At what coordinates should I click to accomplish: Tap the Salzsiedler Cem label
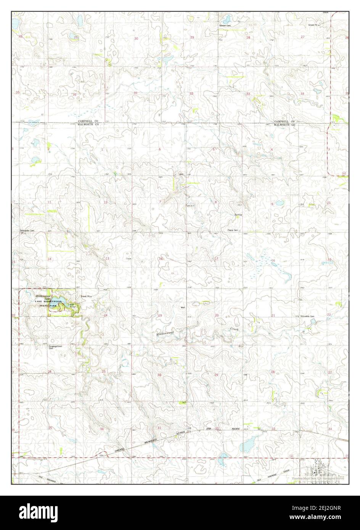pyautogui.click(x=27, y=231)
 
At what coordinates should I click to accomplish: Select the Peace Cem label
pyautogui.click(x=233, y=230)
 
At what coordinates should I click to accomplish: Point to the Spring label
pyautogui.click(x=238, y=215)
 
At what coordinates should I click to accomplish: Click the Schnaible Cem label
pyautogui.click(x=307, y=316)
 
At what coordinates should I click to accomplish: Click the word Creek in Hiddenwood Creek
pyautogui.click(x=234, y=328)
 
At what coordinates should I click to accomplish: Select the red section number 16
pyautogui.click(x=273, y=260)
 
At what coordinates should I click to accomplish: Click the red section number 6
pyautogui.click(x=160, y=149)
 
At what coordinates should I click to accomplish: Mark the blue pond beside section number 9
pyautogui.click(x=280, y=203)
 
